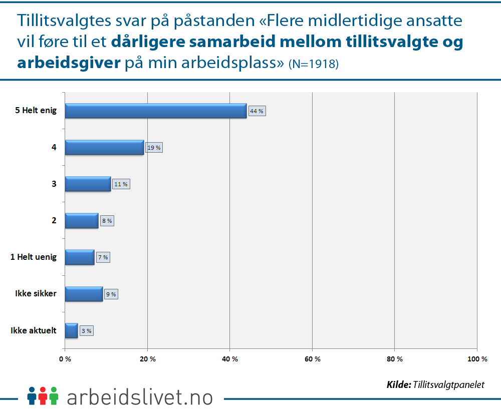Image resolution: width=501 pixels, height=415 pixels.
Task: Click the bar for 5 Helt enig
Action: tap(155, 111)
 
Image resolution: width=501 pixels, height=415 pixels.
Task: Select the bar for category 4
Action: tap(104, 147)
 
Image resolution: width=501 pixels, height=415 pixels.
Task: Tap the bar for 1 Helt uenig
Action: tap(79, 257)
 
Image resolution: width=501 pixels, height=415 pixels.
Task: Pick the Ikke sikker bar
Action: tap(84, 294)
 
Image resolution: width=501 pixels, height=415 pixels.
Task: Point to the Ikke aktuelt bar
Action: tap(71, 330)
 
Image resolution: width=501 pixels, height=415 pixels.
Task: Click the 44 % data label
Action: tap(257, 111)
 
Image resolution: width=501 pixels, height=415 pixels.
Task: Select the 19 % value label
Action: tap(154, 148)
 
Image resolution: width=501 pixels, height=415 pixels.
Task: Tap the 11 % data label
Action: tap(121, 184)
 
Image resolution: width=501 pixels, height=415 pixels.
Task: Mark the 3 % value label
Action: tap(86, 331)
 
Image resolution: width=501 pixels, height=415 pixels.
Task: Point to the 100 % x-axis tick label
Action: tap(477, 358)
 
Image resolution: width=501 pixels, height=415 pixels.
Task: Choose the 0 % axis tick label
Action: tap(65, 358)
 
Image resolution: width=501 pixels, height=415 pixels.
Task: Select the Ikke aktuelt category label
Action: tap(34, 330)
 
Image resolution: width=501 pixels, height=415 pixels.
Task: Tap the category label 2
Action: tap(54, 220)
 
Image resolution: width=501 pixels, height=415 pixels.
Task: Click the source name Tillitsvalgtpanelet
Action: tap(449, 384)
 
